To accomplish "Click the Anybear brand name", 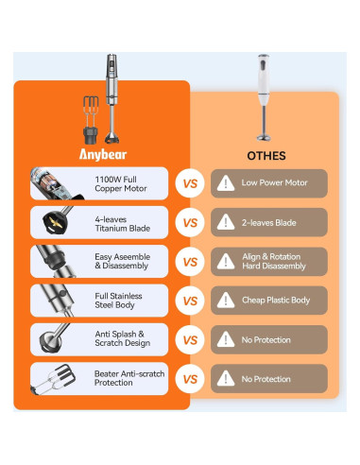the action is (x=103, y=154).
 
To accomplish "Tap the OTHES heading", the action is (x=266, y=156).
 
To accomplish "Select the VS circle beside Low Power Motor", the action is (x=190, y=183).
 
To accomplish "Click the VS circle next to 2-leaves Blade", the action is (x=190, y=223).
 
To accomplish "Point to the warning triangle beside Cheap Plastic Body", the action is (x=226, y=301).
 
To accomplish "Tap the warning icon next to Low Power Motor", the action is (x=226, y=183).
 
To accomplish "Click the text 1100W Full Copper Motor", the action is (x=121, y=184).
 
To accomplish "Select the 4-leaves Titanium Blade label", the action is (x=122, y=224).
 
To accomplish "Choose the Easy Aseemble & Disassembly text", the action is (x=122, y=261).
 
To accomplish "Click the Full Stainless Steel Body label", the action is (x=118, y=301).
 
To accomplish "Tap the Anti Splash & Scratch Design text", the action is (x=122, y=338).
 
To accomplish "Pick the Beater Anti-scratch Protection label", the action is (x=129, y=378).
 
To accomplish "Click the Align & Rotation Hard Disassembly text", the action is (x=274, y=261).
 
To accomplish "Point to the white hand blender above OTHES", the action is (x=264, y=97).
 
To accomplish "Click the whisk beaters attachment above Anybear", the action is (x=91, y=120).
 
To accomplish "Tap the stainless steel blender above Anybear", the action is (x=111, y=98).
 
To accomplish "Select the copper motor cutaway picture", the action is (x=56, y=183).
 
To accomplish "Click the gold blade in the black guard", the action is (x=56, y=222).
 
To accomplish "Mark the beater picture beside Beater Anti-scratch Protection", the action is (x=54, y=379).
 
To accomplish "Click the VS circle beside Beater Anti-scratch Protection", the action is (x=190, y=379).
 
